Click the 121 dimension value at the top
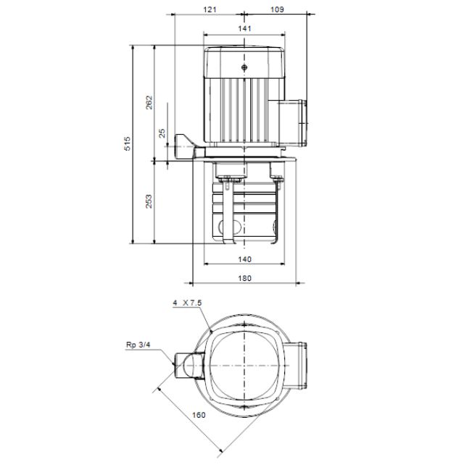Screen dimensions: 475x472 210,9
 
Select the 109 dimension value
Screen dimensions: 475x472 276,9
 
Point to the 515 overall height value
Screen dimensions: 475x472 128,143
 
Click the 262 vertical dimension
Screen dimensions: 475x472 149,101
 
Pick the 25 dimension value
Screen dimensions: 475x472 162,133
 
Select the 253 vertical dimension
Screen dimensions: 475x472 149,201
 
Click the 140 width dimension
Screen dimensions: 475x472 244,258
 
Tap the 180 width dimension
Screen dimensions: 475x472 244,278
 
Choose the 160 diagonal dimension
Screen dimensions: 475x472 199,415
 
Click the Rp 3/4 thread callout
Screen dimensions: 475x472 137,345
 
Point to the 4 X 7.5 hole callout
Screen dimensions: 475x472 186,305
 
